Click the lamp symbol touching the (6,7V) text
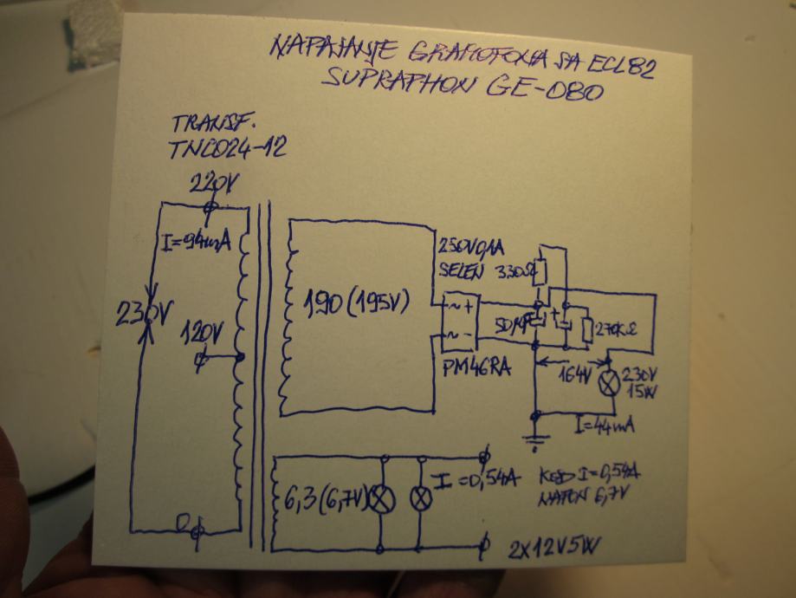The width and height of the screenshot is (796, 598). click(381, 498)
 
